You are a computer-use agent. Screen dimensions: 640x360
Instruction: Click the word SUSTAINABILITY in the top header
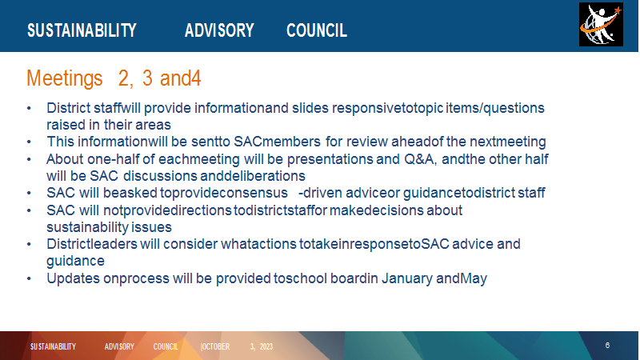[82, 30]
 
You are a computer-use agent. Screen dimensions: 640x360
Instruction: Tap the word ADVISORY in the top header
[219, 30]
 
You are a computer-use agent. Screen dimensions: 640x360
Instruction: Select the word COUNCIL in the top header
[317, 30]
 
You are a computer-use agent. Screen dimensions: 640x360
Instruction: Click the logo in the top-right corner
[601, 25]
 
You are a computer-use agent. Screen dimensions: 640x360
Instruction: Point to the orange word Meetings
[65, 78]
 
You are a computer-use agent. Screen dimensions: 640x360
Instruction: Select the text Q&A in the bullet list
[420, 158]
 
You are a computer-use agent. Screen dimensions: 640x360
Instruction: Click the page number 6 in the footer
[607, 346]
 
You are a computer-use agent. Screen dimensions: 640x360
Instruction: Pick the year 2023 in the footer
[266, 346]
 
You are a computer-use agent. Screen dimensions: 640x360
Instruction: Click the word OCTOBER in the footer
[215, 346]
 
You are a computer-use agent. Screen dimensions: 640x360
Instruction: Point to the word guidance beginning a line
[75, 262]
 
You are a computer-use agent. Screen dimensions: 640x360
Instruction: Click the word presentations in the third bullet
[330, 159]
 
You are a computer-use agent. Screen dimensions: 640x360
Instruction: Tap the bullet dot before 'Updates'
[29, 278]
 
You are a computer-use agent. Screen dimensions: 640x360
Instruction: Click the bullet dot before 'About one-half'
[29, 159]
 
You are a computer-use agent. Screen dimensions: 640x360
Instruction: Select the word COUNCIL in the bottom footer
[166, 346]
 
